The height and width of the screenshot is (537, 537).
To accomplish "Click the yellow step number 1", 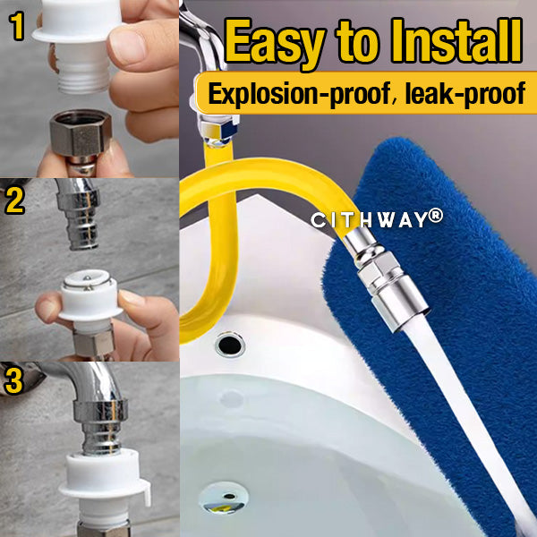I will (x=16, y=28).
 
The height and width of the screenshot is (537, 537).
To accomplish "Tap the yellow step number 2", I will (x=15, y=200).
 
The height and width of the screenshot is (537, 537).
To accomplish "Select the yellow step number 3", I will (x=15, y=379).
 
